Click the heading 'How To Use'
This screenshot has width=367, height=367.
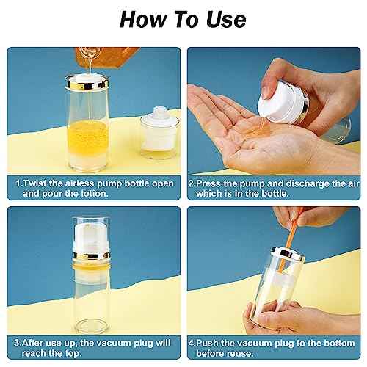183,18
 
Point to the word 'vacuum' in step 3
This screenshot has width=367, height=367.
115,341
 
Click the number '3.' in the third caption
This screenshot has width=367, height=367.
18,341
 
